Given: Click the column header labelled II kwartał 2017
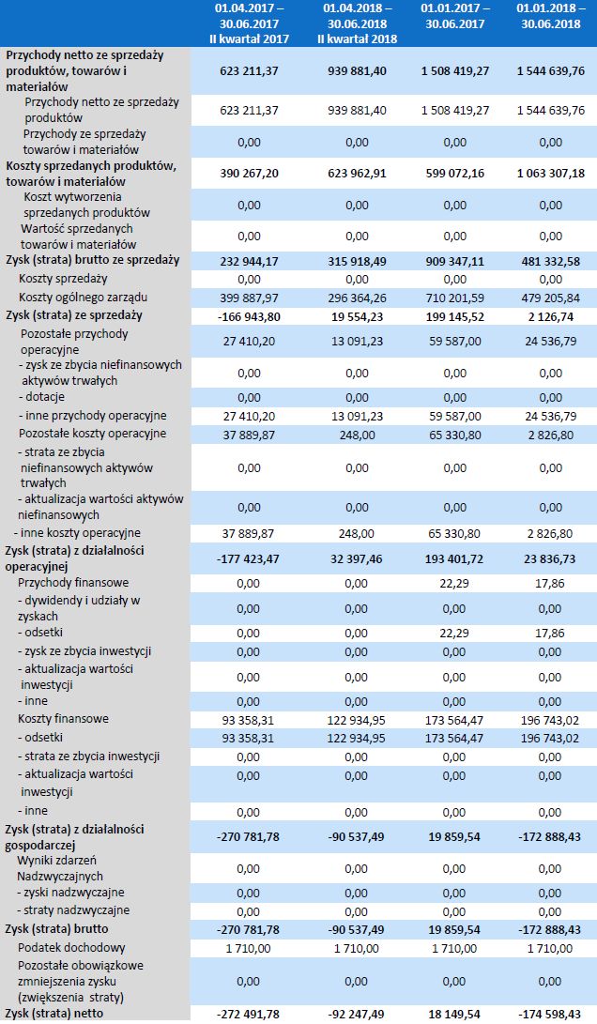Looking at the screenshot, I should tap(250, 23).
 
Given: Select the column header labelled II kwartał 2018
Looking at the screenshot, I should tap(358, 23).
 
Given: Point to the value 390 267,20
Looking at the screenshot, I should tap(250, 174).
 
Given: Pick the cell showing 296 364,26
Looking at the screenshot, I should tap(358, 298).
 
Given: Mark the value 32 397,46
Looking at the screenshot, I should tap(358, 557).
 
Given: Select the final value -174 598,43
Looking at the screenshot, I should tap(548, 1015).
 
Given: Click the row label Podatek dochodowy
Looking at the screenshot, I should tap(71, 947).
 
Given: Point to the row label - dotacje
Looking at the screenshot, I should tap(46, 397).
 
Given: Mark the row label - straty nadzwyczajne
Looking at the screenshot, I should tap(72, 909).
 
